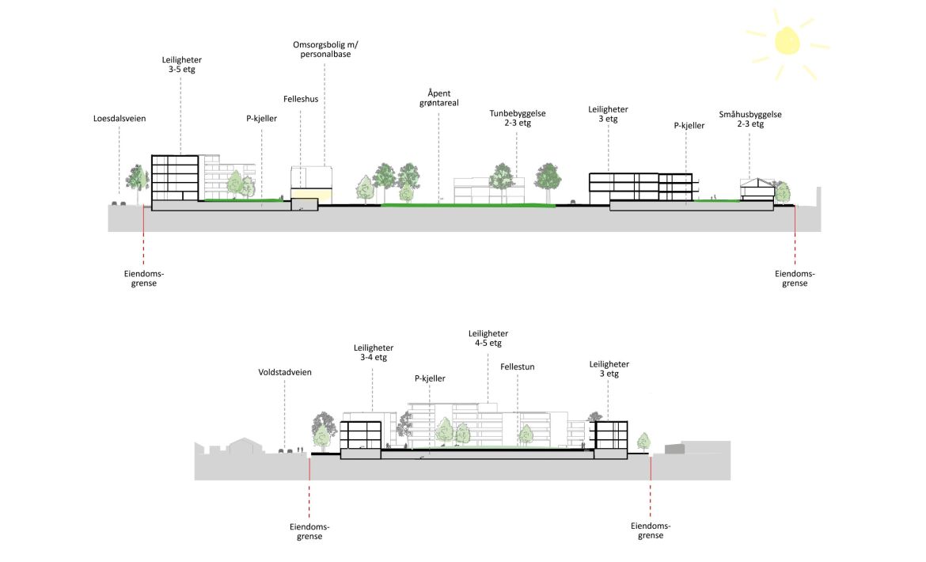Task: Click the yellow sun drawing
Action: (787, 40)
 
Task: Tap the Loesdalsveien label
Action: (119, 119)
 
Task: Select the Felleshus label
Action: (301, 100)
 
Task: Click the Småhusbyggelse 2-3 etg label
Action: (750, 119)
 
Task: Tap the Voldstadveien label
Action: (285, 372)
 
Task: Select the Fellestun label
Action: (518, 368)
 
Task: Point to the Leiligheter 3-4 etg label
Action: (374, 352)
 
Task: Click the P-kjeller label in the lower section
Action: (433, 378)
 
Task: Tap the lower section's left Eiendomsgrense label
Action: (309, 531)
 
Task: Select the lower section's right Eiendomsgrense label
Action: (651, 530)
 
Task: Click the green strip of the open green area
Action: (467, 205)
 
